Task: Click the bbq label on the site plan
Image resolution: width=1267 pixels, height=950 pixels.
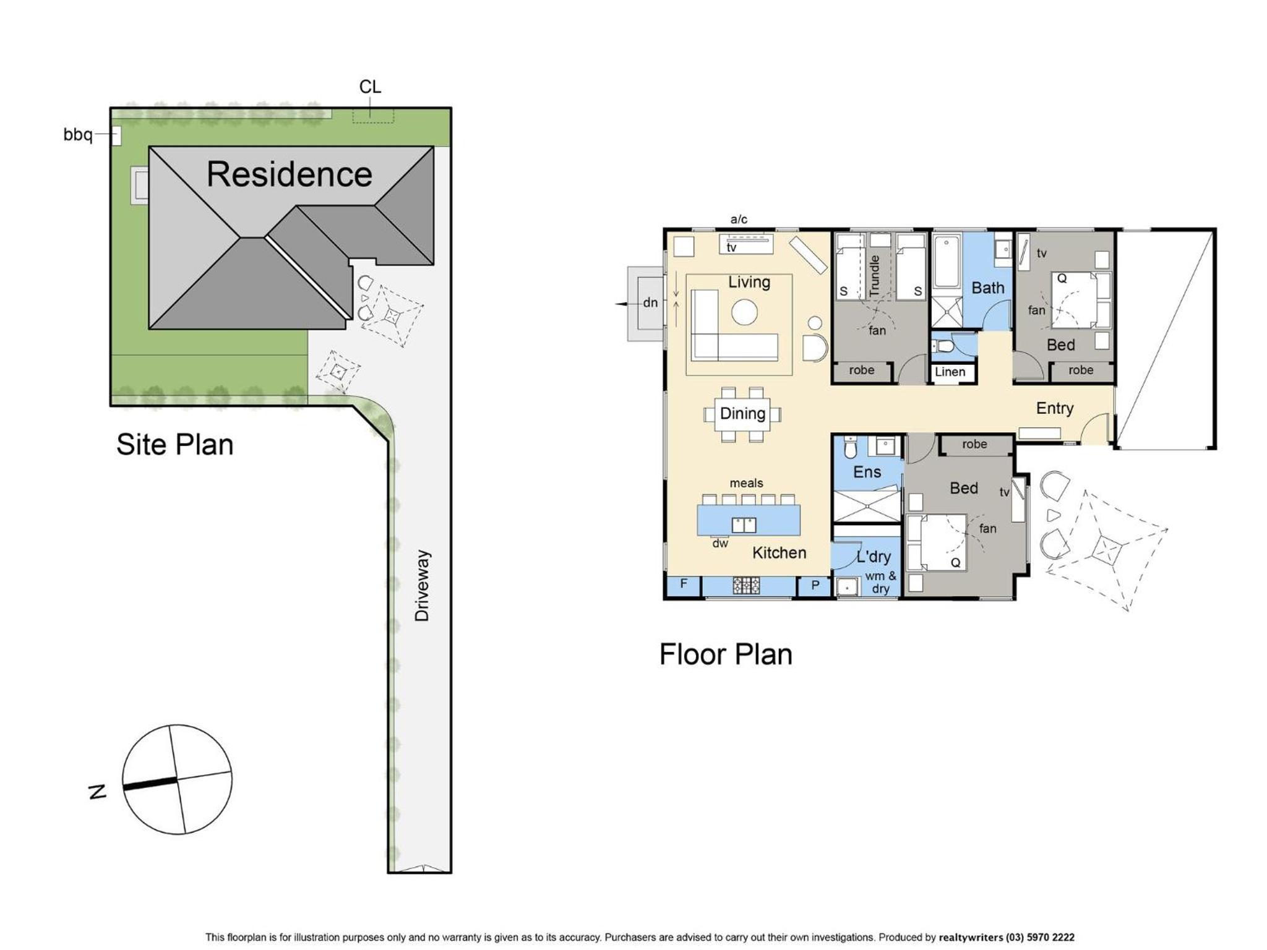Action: pyautogui.click(x=78, y=135)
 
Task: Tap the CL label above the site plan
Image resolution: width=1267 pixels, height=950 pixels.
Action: pyautogui.click(x=370, y=87)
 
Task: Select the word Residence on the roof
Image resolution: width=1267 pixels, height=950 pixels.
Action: pyautogui.click(x=290, y=174)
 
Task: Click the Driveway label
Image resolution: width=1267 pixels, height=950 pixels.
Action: pyautogui.click(x=422, y=585)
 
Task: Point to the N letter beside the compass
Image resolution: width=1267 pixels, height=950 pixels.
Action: pyautogui.click(x=98, y=791)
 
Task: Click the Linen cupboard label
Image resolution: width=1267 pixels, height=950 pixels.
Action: pyautogui.click(x=950, y=372)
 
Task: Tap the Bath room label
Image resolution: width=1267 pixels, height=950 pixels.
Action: pyautogui.click(x=987, y=288)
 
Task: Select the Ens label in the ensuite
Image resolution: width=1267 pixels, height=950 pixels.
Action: pyautogui.click(x=867, y=472)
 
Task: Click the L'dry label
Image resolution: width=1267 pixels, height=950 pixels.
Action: pyautogui.click(x=874, y=556)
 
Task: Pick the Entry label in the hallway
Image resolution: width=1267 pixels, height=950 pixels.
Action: pyautogui.click(x=1055, y=408)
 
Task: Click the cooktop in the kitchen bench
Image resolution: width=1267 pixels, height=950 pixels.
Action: pyautogui.click(x=746, y=585)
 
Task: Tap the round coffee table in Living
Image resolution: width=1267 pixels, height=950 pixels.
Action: pyautogui.click(x=744, y=312)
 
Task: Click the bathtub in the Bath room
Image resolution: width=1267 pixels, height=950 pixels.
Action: pyautogui.click(x=947, y=262)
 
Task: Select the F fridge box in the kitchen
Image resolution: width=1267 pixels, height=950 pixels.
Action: pyautogui.click(x=683, y=585)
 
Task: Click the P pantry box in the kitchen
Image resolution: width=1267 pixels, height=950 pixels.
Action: pyautogui.click(x=815, y=586)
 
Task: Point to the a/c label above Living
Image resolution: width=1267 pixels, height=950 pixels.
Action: pyautogui.click(x=739, y=219)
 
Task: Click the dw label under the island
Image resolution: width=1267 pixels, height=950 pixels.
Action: pyautogui.click(x=720, y=544)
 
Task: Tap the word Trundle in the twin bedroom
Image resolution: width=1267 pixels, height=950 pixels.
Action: pyautogui.click(x=874, y=275)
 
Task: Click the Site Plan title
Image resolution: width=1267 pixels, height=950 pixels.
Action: pyautogui.click(x=175, y=445)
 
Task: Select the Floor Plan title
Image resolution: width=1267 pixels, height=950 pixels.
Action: pyautogui.click(x=726, y=654)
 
